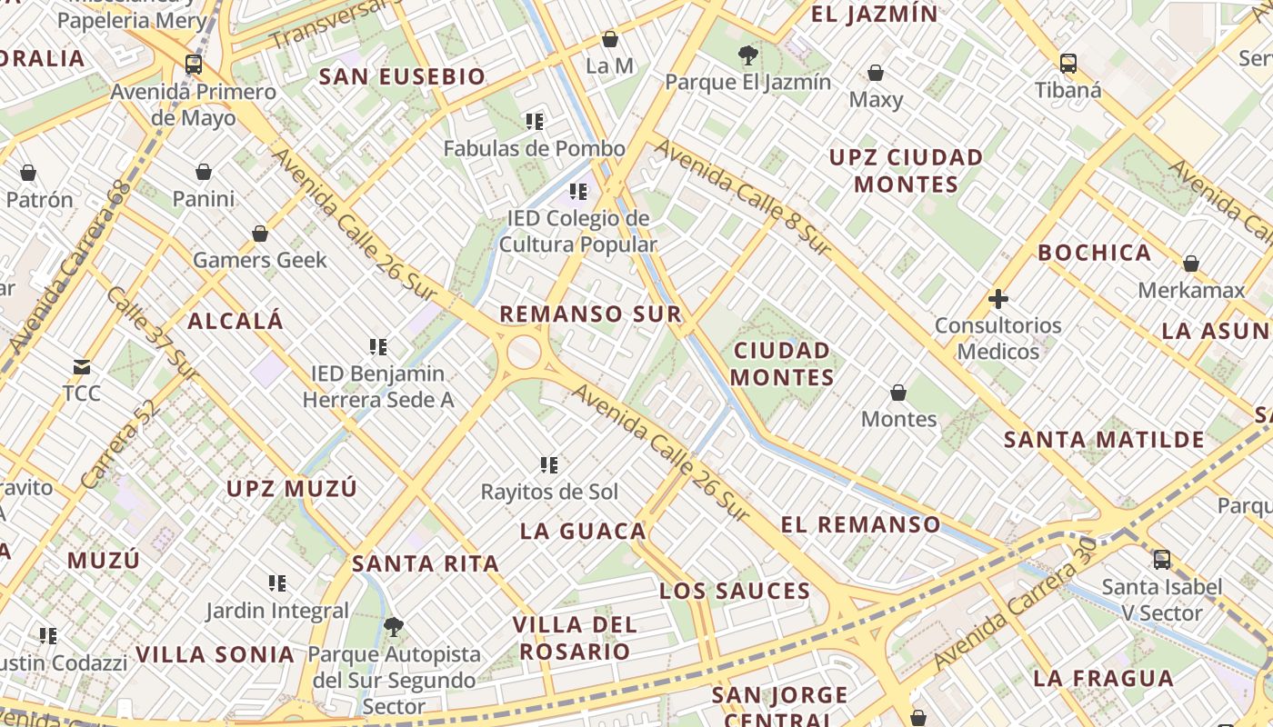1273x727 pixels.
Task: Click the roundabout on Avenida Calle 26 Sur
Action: [524, 353]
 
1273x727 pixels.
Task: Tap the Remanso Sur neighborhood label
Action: [590, 314]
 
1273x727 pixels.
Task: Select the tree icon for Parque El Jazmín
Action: [747, 55]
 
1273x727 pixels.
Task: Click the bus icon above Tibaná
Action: [1068, 64]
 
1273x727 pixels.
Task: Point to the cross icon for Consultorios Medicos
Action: [998, 298]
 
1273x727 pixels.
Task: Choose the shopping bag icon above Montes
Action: [898, 393]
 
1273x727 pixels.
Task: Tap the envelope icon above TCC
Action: [82, 367]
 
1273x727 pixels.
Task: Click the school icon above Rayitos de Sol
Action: [549, 465]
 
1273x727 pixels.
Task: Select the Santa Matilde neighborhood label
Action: [1104, 441]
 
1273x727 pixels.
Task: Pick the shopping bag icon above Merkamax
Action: [1191, 264]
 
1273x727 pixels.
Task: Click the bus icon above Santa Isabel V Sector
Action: [1161, 559]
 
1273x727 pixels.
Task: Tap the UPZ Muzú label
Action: [292, 489]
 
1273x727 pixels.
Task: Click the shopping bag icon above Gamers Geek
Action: [260, 234]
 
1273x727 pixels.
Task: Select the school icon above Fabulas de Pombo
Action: [535, 121]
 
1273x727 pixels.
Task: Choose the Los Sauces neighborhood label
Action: [735, 592]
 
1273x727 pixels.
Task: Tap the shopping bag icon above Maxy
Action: [876, 73]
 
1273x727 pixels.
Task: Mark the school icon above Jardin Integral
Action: [277, 583]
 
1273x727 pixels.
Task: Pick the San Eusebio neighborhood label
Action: [402, 77]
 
